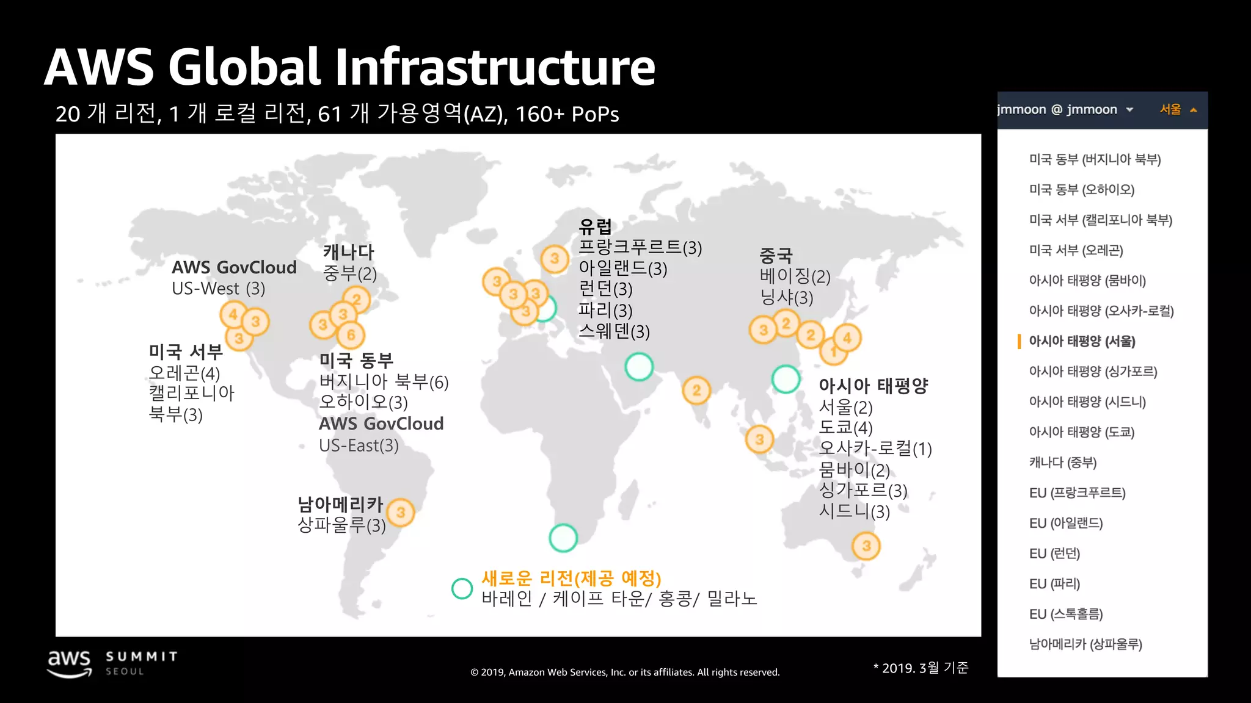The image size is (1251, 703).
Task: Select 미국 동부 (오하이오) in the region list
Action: click(x=1081, y=190)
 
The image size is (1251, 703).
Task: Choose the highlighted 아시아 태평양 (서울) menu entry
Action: click(x=1082, y=341)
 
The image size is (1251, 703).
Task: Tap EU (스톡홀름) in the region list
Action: click(x=1066, y=614)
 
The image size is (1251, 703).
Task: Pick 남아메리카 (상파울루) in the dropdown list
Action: click(x=1085, y=644)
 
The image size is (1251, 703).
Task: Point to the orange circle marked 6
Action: click(x=351, y=334)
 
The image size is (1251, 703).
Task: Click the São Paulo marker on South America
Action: click(x=401, y=512)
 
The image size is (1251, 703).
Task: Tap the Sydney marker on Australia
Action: click(x=866, y=546)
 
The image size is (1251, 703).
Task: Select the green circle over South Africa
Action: click(x=563, y=538)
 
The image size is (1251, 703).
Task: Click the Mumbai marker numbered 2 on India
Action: click(x=696, y=391)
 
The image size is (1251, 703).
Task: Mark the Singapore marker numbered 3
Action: click(x=759, y=439)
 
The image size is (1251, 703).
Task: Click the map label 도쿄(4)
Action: click(x=845, y=428)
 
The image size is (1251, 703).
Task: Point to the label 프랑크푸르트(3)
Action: click(x=640, y=247)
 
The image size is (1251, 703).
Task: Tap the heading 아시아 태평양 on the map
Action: click(x=873, y=386)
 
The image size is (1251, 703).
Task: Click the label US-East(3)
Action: click(x=359, y=445)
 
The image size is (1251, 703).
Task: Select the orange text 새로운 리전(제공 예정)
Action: click(x=571, y=577)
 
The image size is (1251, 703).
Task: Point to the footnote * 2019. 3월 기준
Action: click(x=921, y=668)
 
